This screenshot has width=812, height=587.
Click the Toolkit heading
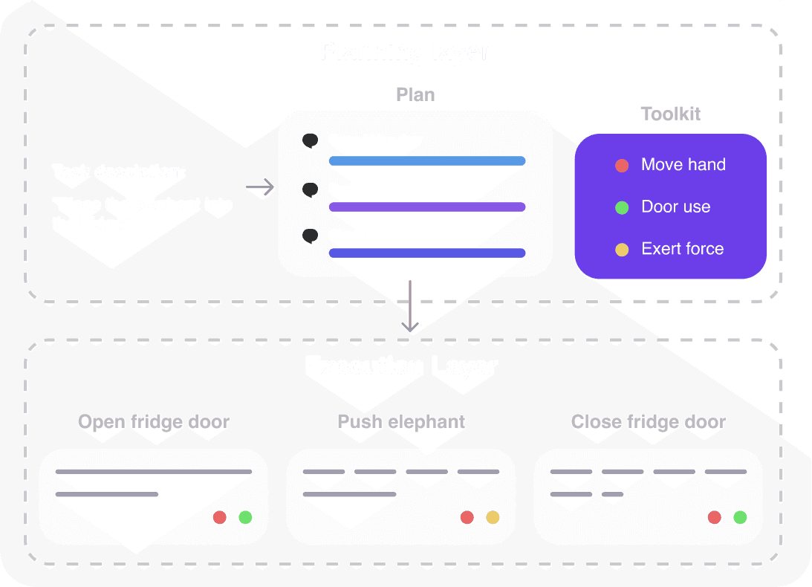click(670, 114)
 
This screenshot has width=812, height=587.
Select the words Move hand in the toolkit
click(683, 165)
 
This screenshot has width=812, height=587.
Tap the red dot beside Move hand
click(622, 166)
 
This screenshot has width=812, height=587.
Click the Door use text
click(675, 207)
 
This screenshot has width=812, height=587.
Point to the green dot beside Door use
click(622, 207)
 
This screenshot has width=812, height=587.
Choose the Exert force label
click(682, 249)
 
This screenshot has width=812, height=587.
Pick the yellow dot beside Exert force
click(622, 249)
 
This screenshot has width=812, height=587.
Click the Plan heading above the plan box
click(415, 94)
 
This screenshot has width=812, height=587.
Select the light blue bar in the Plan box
click(427, 161)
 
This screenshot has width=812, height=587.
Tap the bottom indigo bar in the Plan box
click(427, 253)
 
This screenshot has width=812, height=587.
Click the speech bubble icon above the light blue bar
click(311, 140)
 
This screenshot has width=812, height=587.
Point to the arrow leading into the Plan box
click(259, 189)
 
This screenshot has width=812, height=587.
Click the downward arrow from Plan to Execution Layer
click(409, 307)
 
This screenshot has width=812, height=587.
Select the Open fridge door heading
click(154, 422)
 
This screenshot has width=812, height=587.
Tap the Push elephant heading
click(401, 422)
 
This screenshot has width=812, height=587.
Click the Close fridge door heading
click(648, 422)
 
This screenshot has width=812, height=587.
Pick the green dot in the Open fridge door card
click(245, 517)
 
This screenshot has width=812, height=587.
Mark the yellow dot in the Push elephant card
click(493, 517)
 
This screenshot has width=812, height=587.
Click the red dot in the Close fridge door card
click(715, 517)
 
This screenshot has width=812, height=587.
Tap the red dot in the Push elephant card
click(467, 517)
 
